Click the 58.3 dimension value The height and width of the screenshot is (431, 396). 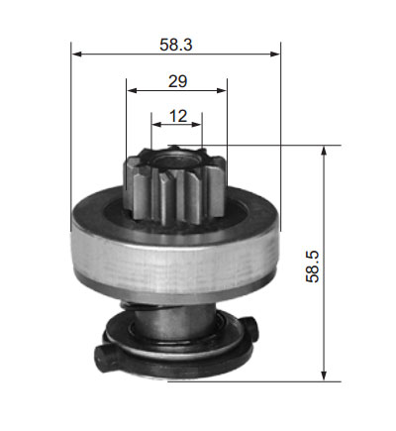tap(176, 45)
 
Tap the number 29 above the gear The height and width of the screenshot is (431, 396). tap(177, 81)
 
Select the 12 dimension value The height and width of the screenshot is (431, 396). tap(178, 116)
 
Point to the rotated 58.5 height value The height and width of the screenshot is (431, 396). tap(313, 267)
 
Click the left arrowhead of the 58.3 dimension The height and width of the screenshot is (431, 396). tap(76, 54)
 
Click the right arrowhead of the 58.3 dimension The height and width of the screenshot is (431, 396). tap(275, 54)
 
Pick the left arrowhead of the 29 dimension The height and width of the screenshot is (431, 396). tap(132, 90)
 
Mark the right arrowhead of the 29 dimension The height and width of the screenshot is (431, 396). tap(222, 90)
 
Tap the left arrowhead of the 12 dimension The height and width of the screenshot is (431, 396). tap(156, 125)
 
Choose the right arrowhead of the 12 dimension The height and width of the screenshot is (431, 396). tap(196, 125)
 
